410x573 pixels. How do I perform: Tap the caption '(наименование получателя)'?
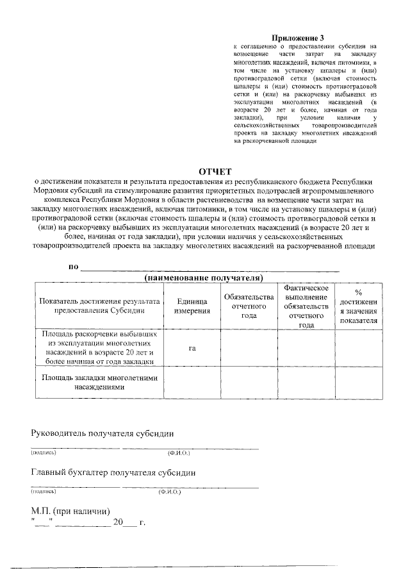(x=204, y=278)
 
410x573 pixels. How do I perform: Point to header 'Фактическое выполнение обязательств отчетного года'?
(x=306, y=306)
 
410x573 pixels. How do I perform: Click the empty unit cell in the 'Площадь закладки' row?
(x=192, y=383)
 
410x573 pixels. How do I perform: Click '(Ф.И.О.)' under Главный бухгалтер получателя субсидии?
(x=170, y=492)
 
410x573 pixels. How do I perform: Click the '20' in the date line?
(x=117, y=523)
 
